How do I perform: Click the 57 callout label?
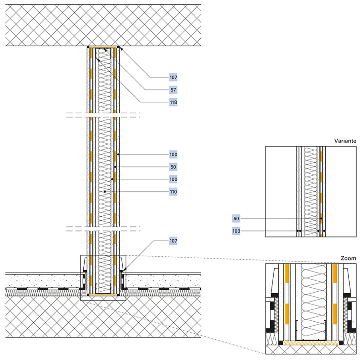(173, 90)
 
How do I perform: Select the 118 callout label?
(173, 102)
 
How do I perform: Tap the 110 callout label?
(173, 192)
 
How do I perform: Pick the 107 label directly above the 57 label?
(173, 77)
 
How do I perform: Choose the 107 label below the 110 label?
(173, 241)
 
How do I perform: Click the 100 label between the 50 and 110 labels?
(173, 179)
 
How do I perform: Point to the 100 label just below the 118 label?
(173, 154)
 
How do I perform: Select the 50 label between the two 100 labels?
(173, 167)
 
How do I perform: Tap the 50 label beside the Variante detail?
(236, 219)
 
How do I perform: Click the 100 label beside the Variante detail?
(236, 231)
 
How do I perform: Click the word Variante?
(345, 141)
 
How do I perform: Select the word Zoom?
(348, 258)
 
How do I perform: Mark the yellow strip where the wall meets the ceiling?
(103, 47)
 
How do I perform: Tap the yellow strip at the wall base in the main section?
(103, 295)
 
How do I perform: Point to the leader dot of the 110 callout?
(105, 192)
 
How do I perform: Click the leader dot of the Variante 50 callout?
(321, 219)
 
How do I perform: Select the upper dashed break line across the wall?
(103, 115)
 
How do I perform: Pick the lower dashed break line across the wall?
(103, 229)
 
